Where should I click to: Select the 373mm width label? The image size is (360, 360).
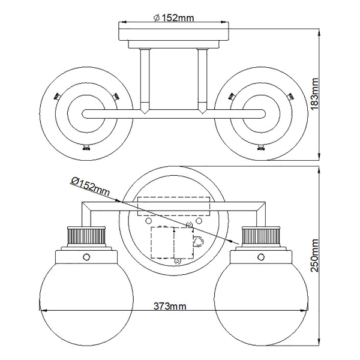(170, 306)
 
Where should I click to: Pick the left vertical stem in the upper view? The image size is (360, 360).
(145, 81)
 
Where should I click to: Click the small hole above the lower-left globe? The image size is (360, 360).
(85, 257)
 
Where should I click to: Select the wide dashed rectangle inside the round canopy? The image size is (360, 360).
(173, 205)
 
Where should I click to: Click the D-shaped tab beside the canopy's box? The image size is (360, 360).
(198, 241)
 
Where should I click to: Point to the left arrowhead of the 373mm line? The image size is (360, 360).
(43, 310)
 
